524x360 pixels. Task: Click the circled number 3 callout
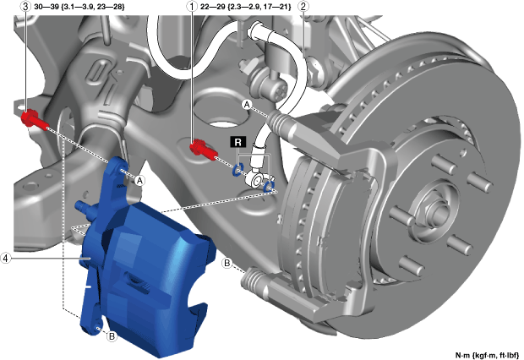(x=25, y=7)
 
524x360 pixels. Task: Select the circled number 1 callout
(x=192, y=7)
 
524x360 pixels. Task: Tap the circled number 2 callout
(x=303, y=7)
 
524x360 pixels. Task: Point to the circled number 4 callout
(x=5, y=258)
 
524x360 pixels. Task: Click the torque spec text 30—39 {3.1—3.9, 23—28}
(x=79, y=7)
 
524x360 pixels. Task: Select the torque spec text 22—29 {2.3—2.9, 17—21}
(x=246, y=7)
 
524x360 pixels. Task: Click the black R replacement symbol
(x=238, y=142)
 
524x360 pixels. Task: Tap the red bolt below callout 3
(x=34, y=120)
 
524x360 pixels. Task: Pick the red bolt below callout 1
(x=203, y=150)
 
